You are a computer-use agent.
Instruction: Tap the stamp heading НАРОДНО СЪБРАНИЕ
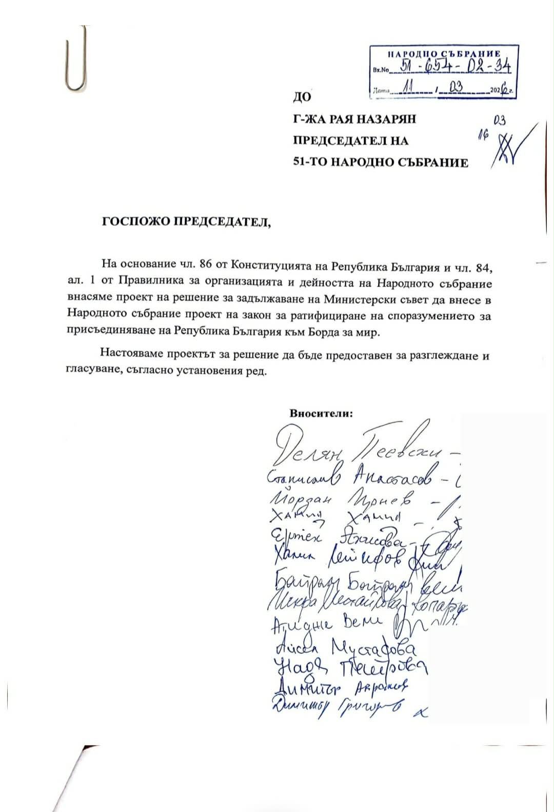pyautogui.click(x=444, y=53)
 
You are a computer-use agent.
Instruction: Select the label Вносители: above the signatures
pyautogui.click(x=321, y=414)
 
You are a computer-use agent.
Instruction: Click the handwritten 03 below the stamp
pyautogui.click(x=499, y=121)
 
